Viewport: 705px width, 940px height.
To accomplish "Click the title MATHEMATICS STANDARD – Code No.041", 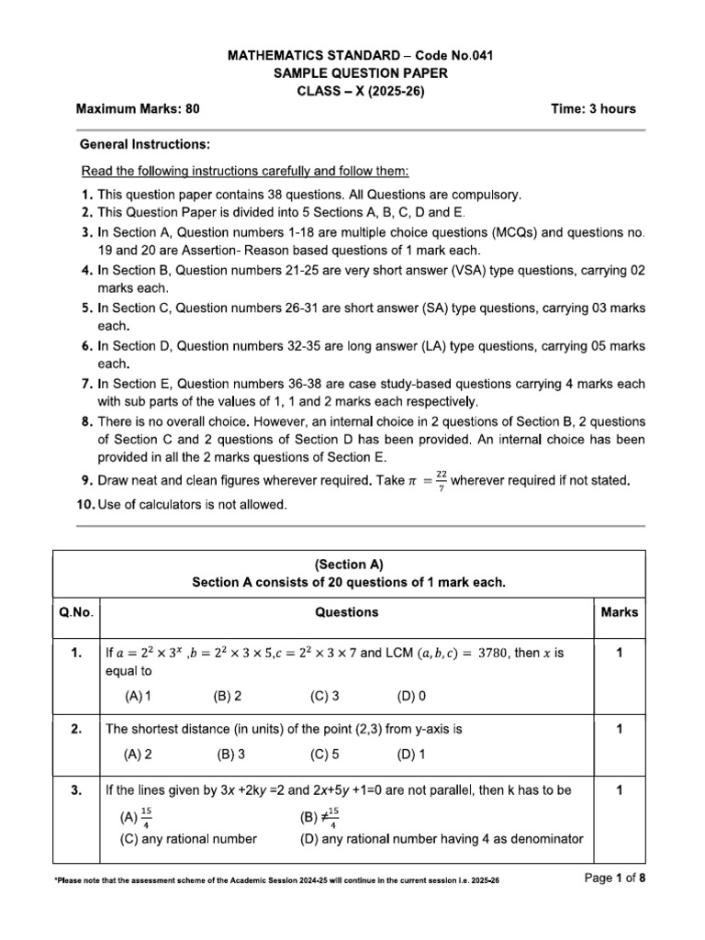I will tap(353, 57).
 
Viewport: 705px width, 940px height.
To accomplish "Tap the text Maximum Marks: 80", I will tap(138, 108).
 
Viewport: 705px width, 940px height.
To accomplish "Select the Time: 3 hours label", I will tap(592, 108).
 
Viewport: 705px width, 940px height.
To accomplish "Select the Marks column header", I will tap(620, 612).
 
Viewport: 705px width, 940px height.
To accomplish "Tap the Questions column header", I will tap(346, 612).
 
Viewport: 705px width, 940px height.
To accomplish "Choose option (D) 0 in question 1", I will tap(411, 696).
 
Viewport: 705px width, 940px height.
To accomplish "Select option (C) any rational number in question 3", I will tap(188, 838).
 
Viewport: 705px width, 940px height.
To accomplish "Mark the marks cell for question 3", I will tap(620, 789).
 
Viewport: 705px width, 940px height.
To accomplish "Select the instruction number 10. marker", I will tap(86, 504).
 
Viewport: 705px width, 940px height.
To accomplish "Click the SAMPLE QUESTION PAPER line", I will tap(353, 73).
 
